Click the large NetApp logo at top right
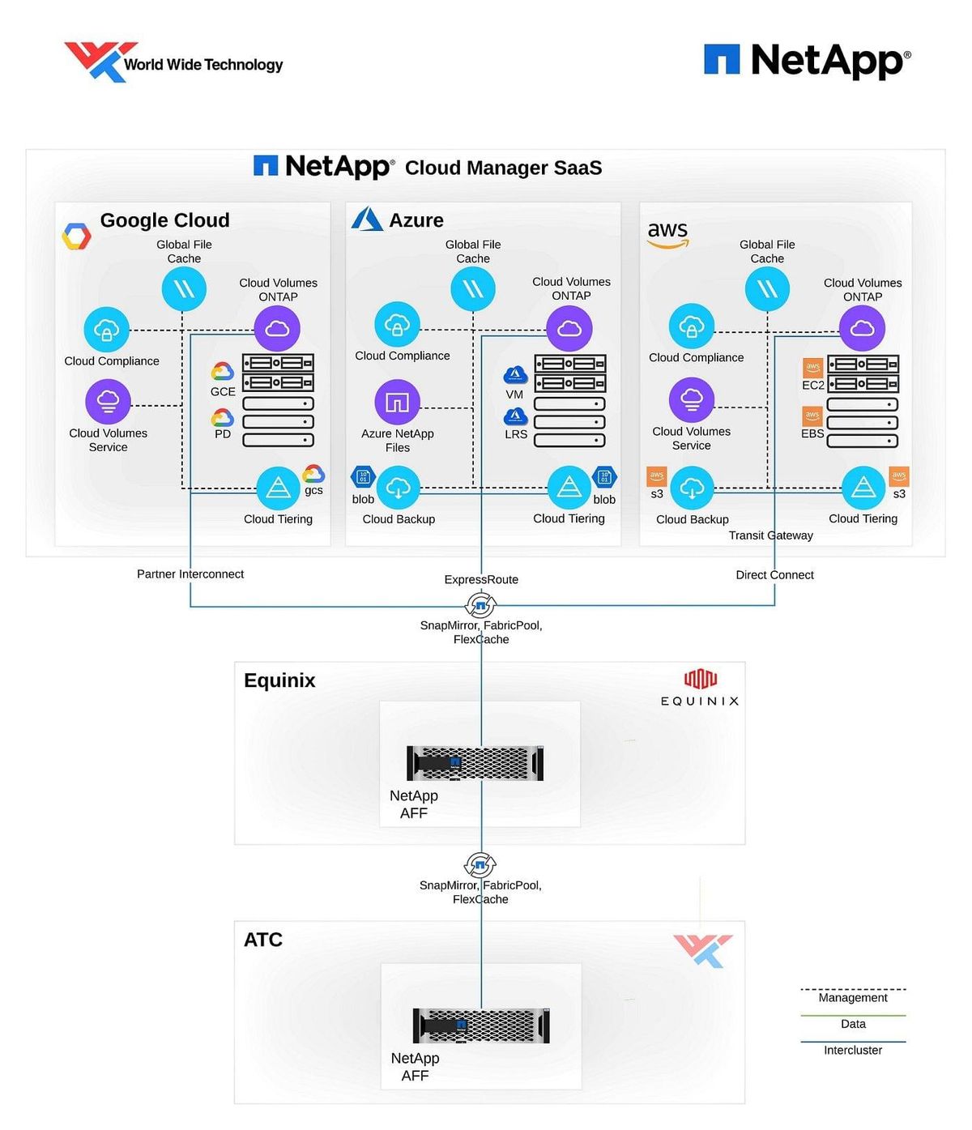point(807,61)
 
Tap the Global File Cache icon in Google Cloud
point(184,289)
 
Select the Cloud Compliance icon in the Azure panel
point(397,325)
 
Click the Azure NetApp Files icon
point(397,402)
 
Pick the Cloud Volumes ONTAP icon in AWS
point(862,328)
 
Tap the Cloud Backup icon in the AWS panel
point(692,488)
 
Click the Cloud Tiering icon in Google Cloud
point(278,488)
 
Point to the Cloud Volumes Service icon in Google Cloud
point(108,401)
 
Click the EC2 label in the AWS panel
point(812,386)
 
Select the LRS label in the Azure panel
point(516,434)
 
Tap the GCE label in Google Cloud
point(223,392)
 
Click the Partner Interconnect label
point(190,574)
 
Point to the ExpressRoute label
point(481,580)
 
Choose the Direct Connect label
point(774,575)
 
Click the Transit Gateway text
point(770,535)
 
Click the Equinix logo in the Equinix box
point(700,688)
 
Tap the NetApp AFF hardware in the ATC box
point(481,1026)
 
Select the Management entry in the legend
point(852,998)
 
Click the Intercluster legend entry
point(852,1051)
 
